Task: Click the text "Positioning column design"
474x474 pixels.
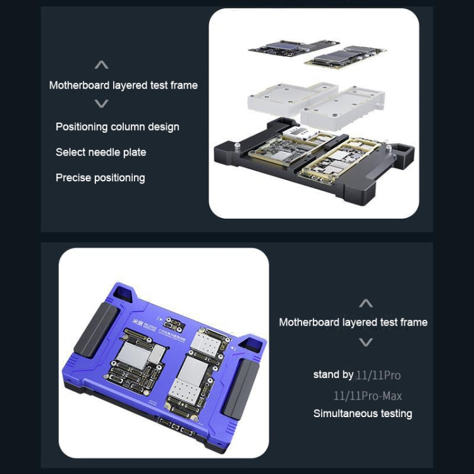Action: (x=117, y=127)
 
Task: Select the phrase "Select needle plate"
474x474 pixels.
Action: (x=100, y=152)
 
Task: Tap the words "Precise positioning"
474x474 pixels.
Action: (x=100, y=178)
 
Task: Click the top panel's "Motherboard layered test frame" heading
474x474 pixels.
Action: (x=123, y=85)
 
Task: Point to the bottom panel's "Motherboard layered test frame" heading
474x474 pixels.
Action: (x=353, y=322)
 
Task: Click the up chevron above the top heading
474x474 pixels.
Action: (x=101, y=65)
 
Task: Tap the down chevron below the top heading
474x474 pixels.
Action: (x=101, y=104)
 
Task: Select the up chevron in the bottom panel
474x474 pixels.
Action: (x=365, y=303)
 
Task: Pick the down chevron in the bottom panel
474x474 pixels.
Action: (x=365, y=342)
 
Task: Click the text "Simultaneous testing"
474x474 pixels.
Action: (x=363, y=414)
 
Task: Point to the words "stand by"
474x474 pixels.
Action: (x=333, y=375)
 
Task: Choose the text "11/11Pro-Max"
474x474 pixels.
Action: (x=368, y=396)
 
